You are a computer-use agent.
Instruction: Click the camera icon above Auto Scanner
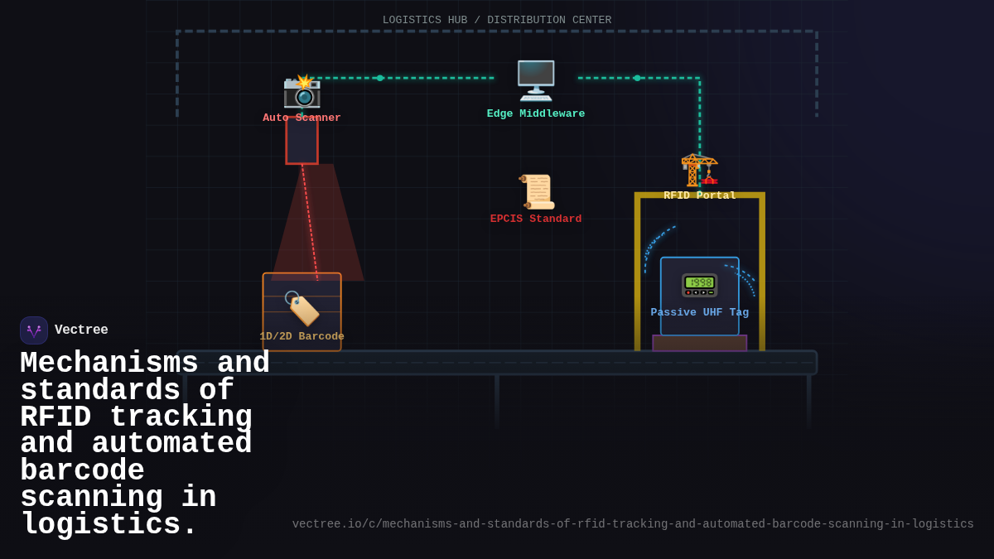coord(302,91)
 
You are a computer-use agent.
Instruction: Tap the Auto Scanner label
coord(302,118)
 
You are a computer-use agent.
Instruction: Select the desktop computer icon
coord(536,80)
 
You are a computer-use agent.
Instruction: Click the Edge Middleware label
coord(536,113)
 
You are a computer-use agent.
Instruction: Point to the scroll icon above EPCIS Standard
coord(536,191)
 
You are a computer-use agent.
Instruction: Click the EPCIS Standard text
coord(536,219)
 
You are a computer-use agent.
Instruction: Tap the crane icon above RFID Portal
coord(699,170)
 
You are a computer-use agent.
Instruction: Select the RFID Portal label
coord(699,195)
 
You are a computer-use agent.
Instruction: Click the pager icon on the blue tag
coord(699,285)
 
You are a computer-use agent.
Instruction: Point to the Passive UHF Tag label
coord(699,312)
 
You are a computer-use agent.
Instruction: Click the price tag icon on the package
coord(302,308)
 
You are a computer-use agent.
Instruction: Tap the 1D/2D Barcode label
coord(302,336)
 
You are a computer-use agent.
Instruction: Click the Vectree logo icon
coord(34,330)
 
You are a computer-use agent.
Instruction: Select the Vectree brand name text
coord(81,330)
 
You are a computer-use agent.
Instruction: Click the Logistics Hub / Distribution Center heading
coord(497,20)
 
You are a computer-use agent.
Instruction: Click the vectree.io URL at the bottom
coord(633,523)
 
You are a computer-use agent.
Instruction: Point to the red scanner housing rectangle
coord(302,142)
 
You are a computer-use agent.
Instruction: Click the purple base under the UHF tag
coord(699,343)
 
